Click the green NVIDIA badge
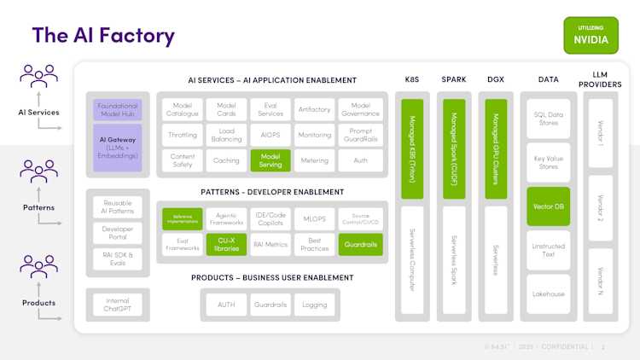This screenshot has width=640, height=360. click(x=591, y=35)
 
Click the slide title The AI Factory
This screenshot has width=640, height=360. click(x=103, y=35)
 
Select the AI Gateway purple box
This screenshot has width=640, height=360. click(x=118, y=145)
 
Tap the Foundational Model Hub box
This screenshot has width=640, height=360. click(x=118, y=110)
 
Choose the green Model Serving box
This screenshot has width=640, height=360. click(x=271, y=160)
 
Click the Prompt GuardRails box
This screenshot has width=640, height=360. click(x=360, y=135)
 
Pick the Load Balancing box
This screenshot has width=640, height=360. click(x=226, y=135)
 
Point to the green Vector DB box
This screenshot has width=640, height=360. click(x=548, y=206)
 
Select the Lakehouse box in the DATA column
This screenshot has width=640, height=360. click(x=548, y=293)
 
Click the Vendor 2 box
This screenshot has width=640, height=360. click(x=600, y=207)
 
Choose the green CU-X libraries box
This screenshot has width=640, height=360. click(x=226, y=244)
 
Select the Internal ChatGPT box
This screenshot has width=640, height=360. click(x=118, y=305)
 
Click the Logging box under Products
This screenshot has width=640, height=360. click(x=315, y=305)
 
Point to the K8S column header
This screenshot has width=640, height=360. click(x=411, y=80)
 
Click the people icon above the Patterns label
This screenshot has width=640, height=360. click(x=38, y=171)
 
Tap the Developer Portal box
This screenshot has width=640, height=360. click(x=118, y=233)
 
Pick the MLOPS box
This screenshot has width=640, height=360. click(x=315, y=219)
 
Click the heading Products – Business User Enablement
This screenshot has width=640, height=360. click(x=271, y=277)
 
